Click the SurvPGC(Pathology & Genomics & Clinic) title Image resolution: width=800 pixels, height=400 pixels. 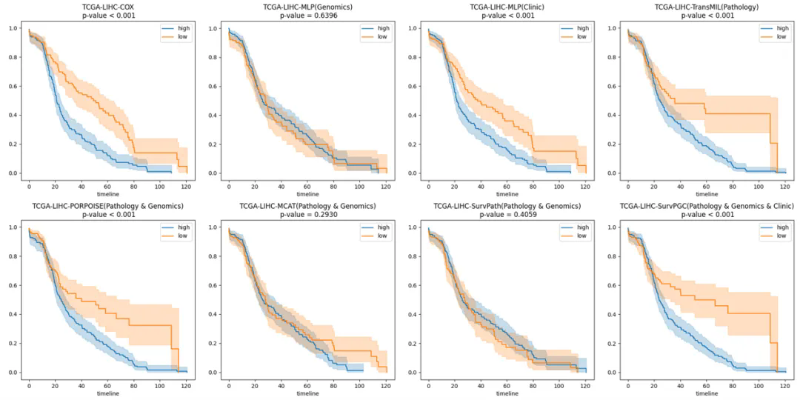coord(707,206)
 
